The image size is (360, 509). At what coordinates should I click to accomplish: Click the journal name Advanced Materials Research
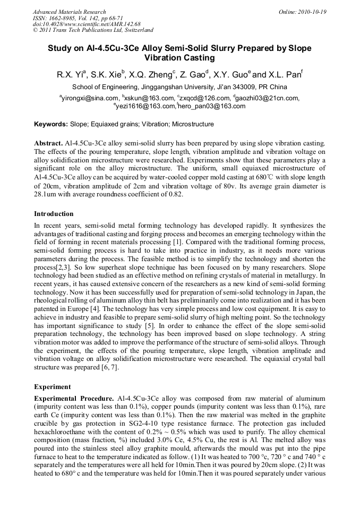click(69, 12)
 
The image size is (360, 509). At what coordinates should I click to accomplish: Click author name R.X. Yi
click(69, 74)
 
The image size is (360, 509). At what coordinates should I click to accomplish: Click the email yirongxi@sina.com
click(90, 98)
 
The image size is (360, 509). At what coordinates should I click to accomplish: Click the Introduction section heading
click(54, 214)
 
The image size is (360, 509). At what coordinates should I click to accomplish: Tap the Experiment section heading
click(52, 387)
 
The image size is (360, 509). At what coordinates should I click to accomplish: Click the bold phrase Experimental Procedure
click(74, 398)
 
